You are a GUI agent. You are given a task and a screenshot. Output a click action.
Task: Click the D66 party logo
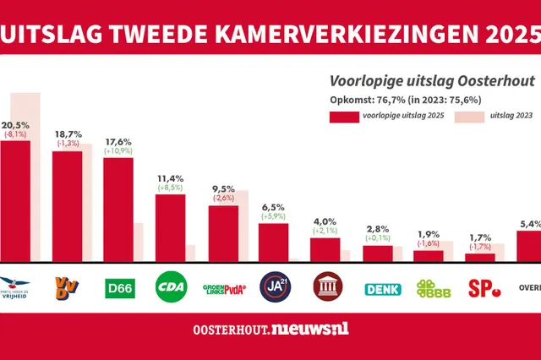[118, 288]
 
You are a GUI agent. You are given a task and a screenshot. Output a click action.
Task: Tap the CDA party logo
[171, 288]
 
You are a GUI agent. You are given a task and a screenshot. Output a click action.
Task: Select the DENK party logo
[380, 288]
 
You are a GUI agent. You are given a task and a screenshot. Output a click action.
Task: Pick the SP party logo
[484, 288]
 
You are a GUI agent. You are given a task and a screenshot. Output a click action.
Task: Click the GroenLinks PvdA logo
[223, 288]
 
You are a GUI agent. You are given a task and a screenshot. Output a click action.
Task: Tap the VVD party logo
[67, 287]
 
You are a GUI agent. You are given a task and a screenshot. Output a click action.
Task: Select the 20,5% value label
[16, 124]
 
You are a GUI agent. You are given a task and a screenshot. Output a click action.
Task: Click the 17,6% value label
[118, 142]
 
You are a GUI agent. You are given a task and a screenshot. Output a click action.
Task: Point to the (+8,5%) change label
[171, 189]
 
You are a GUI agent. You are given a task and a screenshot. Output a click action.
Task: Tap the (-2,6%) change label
[223, 198]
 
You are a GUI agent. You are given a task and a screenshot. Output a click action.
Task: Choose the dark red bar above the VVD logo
[67, 206]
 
